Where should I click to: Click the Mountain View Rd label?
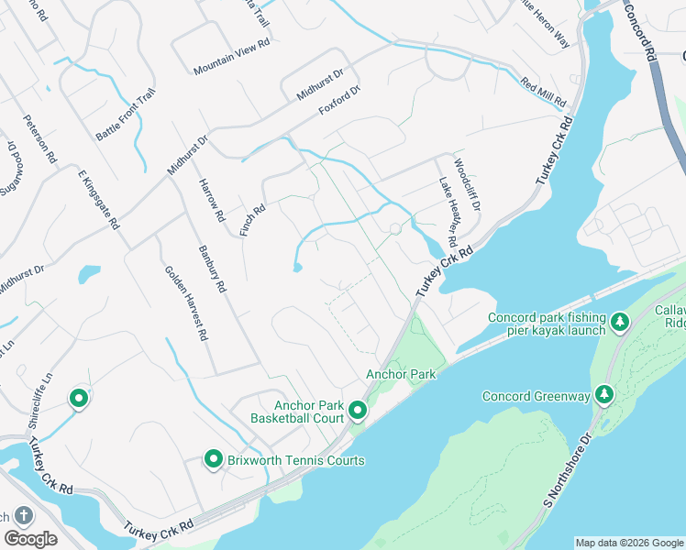pyautogui.click(x=231, y=56)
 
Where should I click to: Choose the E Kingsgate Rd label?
pyautogui.click(x=99, y=199)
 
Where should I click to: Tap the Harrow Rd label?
pyautogui.click(x=211, y=200)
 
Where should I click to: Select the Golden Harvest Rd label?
pyautogui.click(x=184, y=302)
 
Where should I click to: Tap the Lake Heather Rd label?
pyautogui.click(x=448, y=213)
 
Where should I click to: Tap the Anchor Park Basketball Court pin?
pyautogui.click(x=358, y=410)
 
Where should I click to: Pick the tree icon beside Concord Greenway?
pyautogui.click(x=603, y=394)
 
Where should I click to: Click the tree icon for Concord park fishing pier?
pyautogui.click(x=621, y=322)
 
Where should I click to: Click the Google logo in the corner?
pyautogui.click(x=30, y=539)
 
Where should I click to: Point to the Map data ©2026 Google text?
pyautogui.click(x=629, y=543)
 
